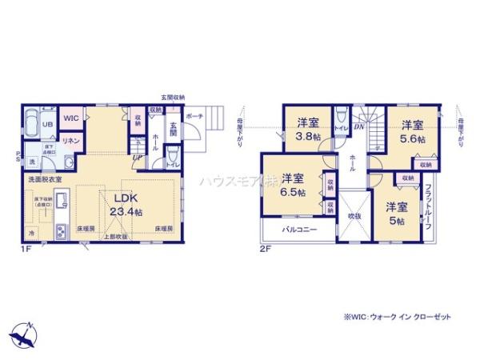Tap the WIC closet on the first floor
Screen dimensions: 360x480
coord(70,118)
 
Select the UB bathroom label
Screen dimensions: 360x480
coord(47,125)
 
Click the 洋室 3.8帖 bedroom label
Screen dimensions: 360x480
coord(308,130)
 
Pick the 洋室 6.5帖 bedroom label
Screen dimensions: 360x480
coord(292,186)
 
